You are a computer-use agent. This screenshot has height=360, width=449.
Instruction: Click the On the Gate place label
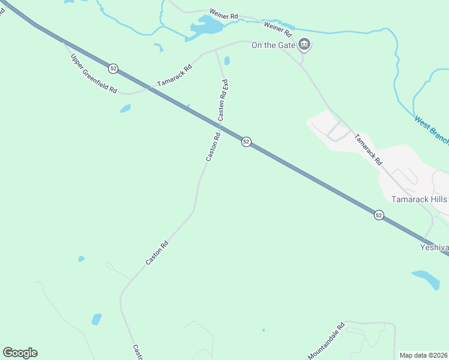[274, 45]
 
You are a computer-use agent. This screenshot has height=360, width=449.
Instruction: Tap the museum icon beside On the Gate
[305, 44]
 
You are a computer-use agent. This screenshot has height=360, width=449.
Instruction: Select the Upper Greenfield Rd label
[93, 73]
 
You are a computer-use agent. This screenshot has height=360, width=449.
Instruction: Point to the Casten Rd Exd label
[224, 101]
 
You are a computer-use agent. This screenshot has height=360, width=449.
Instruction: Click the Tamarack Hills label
[420, 199]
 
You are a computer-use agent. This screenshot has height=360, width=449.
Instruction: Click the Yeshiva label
[433, 247]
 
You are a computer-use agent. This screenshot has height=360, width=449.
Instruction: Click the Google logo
[20, 353]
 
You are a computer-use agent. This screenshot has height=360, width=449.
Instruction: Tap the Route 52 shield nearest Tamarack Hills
[379, 215]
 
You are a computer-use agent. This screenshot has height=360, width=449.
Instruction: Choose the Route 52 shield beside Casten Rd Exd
[246, 142]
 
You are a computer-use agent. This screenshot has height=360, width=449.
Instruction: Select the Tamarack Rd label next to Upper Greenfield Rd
[174, 76]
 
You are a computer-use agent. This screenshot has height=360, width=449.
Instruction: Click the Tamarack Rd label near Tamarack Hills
[368, 149]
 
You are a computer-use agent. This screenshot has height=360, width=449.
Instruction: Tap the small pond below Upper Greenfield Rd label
[125, 109]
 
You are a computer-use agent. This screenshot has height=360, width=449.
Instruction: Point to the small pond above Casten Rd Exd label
[227, 60]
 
